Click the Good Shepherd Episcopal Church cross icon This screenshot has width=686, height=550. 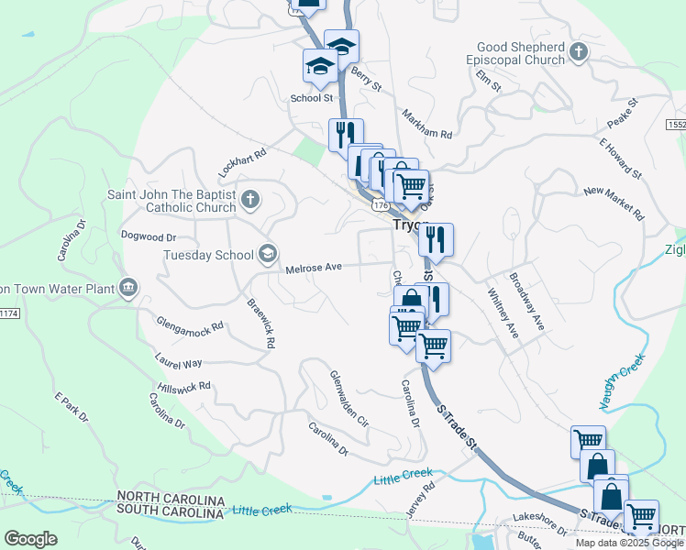click(578, 51)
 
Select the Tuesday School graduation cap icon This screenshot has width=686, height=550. click(268, 253)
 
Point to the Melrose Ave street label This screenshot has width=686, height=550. click(314, 268)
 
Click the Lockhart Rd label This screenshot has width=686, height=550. click(241, 162)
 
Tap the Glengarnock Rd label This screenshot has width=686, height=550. click(191, 324)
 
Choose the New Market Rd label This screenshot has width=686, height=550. click(614, 203)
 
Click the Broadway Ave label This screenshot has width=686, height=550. click(527, 302)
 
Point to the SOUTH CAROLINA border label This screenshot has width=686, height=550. click(171, 511)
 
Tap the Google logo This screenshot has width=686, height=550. click(31, 539)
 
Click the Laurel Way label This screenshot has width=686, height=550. click(179, 364)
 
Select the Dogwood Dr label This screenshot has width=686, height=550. click(148, 236)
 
